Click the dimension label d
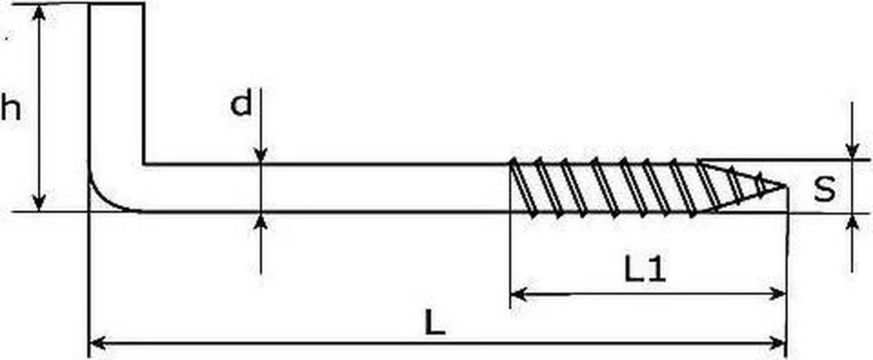pyautogui.click(x=241, y=104)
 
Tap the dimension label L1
pyautogui.click(x=645, y=271)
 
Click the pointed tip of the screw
pyautogui.click(x=786, y=186)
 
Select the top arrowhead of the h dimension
pyautogui.click(x=39, y=13)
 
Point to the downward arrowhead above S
pyautogui.click(x=852, y=151)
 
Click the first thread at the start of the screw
pyautogui.click(x=518, y=188)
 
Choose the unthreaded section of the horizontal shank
pyautogui.click(x=327, y=188)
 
